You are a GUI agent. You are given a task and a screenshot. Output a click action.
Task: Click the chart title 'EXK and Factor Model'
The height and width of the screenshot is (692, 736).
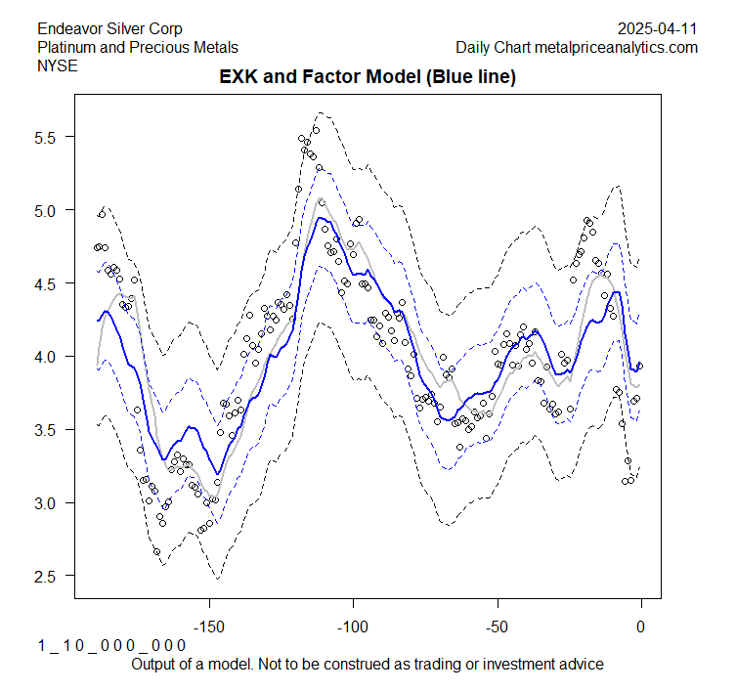pyautogui.click(x=367, y=76)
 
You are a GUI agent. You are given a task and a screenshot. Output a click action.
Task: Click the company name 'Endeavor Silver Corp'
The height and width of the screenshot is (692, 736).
pyautogui.click(x=109, y=29)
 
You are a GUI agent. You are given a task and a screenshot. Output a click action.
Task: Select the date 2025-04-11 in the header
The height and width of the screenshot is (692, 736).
pyautogui.click(x=658, y=29)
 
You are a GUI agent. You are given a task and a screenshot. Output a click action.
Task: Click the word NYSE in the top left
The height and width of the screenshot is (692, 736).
pyautogui.click(x=57, y=65)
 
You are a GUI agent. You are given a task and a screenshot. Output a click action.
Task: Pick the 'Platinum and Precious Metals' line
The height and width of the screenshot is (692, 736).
pyautogui.click(x=138, y=47)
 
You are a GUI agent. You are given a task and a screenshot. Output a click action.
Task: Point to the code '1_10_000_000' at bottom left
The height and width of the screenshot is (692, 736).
pyautogui.click(x=111, y=646)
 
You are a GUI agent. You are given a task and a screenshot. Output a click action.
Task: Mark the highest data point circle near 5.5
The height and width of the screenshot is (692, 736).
pyautogui.click(x=316, y=130)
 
